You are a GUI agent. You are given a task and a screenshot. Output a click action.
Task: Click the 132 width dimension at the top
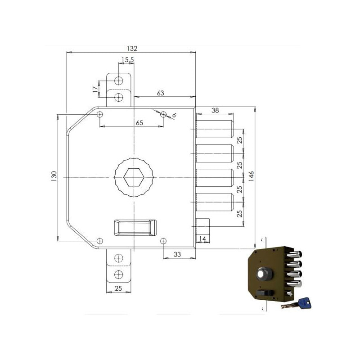[132, 49]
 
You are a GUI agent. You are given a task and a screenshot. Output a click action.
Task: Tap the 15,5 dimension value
[128, 60]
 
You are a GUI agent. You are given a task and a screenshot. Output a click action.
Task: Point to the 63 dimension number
[161, 93]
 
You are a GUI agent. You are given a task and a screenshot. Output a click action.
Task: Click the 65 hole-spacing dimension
[139, 123]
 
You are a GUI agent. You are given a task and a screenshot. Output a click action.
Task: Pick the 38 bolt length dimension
[215, 110]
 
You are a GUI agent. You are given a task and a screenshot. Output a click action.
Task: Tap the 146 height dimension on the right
[252, 176]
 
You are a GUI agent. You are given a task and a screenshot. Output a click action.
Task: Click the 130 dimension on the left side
[54, 176]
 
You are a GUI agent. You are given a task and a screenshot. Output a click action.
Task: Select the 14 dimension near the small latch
[202, 239]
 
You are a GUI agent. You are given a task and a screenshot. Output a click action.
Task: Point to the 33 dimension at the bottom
[177, 254]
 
